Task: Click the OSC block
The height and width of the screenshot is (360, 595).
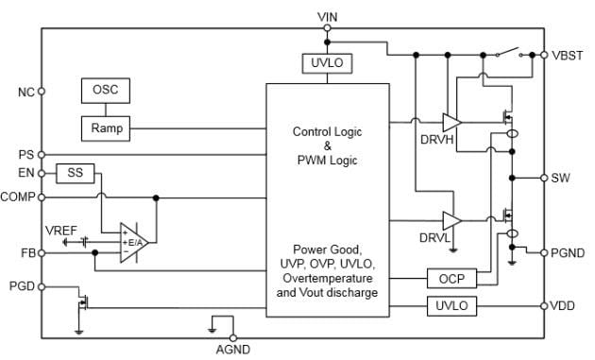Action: tap(105, 90)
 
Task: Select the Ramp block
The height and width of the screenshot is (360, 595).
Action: tap(105, 127)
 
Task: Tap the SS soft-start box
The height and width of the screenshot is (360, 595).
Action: tap(72, 173)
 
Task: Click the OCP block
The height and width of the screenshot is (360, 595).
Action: tap(451, 279)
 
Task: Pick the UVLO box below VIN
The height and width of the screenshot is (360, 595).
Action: tap(326, 63)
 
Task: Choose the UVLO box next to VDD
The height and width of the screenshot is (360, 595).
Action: tap(451, 306)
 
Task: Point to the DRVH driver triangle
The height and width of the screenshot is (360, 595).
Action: tap(451, 122)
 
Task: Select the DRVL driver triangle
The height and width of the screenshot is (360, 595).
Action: tap(451, 220)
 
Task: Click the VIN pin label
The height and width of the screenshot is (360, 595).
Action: tap(327, 17)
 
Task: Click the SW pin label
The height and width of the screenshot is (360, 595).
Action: tap(561, 178)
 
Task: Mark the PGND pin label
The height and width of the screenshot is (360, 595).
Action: tap(568, 252)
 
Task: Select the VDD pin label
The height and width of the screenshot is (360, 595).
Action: tap(563, 306)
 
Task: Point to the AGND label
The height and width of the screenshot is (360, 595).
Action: tap(232, 350)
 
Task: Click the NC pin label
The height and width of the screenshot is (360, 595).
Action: tap(25, 92)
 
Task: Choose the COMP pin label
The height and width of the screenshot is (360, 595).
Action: tap(19, 197)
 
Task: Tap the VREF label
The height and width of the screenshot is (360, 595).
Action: tap(61, 230)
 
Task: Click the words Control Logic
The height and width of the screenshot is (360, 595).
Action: tap(327, 131)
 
